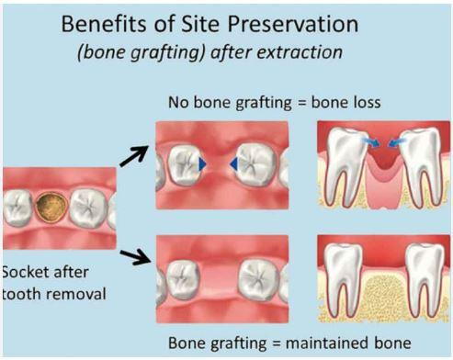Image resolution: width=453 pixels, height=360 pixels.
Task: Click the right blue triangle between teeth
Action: (234, 163)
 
